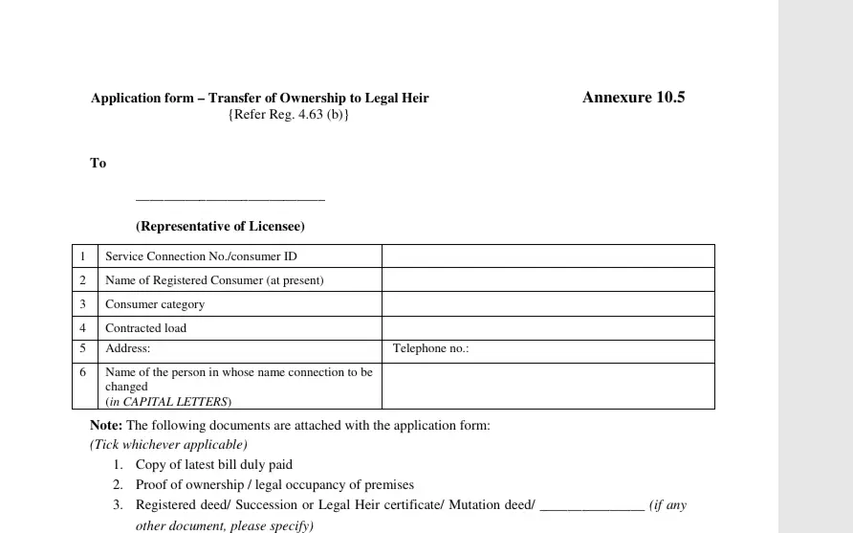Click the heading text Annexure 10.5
pyautogui.click(x=633, y=98)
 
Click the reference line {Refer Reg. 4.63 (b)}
pyautogui.click(x=289, y=115)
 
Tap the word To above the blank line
pyautogui.click(x=98, y=164)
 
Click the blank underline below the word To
pyautogui.click(x=230, y=198)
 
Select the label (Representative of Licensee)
pyautogui.click(x=220, y=227)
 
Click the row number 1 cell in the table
pyautogui.click(x=84, y=256)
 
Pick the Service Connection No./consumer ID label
pyautogui.click(x=208, y=256)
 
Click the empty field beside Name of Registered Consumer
pyautogui.click(x=547, y=280)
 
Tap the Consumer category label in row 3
pyautogui.click(x=155, y=304)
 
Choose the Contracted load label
pyautogui.click(x=146, y=328)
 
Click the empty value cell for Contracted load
pyautogui.click(x=547, y=328)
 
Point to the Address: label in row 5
pyautogui.click(x=128, y=349)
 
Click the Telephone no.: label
pyautogui.click(x=431, y=349)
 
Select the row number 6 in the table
pyautogui.click(x=84, y=372)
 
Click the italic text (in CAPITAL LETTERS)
pyautogui.click(x=168, y=402)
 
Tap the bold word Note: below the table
pyautogui.click(x=106, y=426)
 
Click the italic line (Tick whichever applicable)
pyautogui.click(x=169, y=445)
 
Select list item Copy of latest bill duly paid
pyautogui.click(x=214, y=465)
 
